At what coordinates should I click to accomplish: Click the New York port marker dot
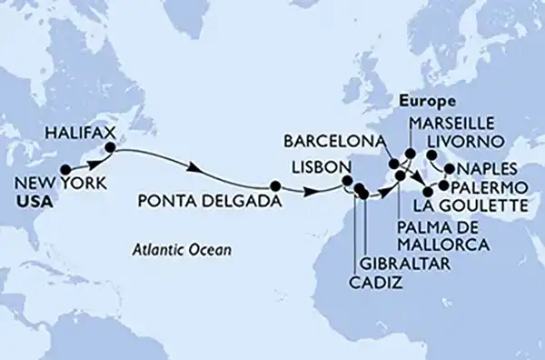click(x=64, y=169)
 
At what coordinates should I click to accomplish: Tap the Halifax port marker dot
click(x=111, y=146)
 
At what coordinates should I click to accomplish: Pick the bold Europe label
click(x=425, y=101)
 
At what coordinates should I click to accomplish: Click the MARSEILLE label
click(x=451, y=121)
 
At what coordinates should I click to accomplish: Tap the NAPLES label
click(x=490, y=169)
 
